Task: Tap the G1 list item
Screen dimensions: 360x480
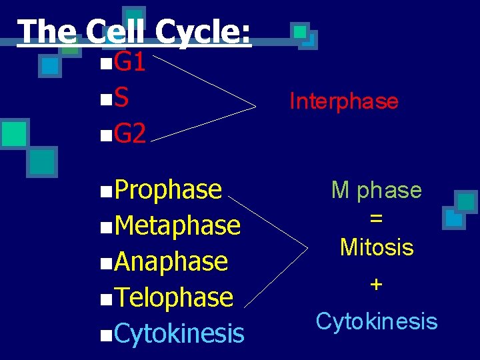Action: (129, 63)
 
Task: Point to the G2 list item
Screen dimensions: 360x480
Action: (129, 134)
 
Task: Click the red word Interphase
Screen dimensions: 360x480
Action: (343, 101)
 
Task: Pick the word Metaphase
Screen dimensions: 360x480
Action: (177, 225)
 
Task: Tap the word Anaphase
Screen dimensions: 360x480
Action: (171, 261)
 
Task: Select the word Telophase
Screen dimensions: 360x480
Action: (173, 297)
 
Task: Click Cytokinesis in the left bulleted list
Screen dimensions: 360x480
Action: (179, 333)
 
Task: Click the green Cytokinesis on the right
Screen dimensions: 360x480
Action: (377, 321)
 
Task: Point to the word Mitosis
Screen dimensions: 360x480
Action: (377, 247)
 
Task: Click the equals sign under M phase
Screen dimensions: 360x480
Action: (377, 219)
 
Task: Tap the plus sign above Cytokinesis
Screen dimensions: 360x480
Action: (377, 285)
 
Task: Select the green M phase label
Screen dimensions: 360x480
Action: (377, 191)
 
